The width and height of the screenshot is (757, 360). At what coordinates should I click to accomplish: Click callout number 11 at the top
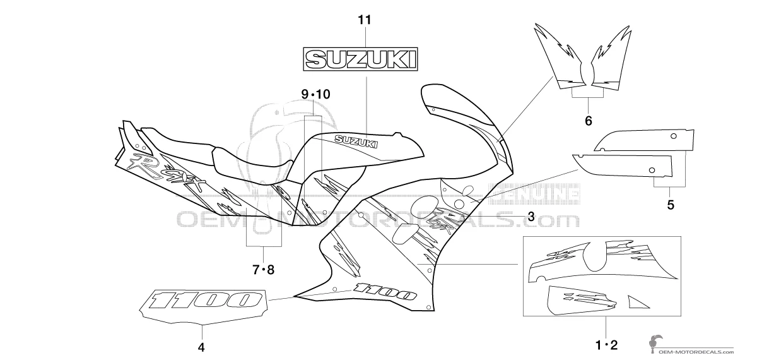[x=364, y=20]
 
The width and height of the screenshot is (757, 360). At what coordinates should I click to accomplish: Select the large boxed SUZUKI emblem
[x=361, y=60]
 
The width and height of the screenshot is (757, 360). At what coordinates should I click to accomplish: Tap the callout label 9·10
[x=315, y=94]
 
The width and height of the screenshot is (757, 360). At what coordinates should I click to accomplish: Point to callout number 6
[x=588, y=120]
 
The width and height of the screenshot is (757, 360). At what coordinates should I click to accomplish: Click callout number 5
[x=671, y=205]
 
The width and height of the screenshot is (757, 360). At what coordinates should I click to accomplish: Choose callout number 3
[x=531, y=217]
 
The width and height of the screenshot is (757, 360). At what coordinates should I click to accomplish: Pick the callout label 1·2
[x=606, y=345]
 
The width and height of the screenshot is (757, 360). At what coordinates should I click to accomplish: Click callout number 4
[x=201, y=347]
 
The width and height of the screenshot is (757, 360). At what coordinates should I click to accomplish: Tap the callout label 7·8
[x=263, y=270]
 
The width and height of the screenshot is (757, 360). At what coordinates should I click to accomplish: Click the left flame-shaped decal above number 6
[x=561, y=60]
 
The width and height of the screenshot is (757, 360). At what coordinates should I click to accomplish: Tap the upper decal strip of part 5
[x=643, y=140]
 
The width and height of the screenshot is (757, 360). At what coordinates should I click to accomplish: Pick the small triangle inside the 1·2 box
[x=637, y=302]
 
